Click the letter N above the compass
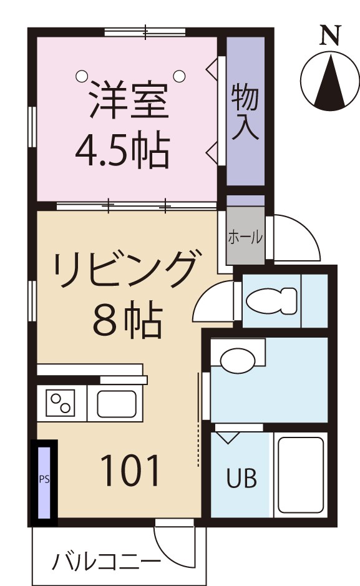coord(330,36)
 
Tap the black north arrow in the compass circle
coord(329,81)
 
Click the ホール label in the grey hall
coord(245,237)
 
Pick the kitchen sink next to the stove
coord(118,404)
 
